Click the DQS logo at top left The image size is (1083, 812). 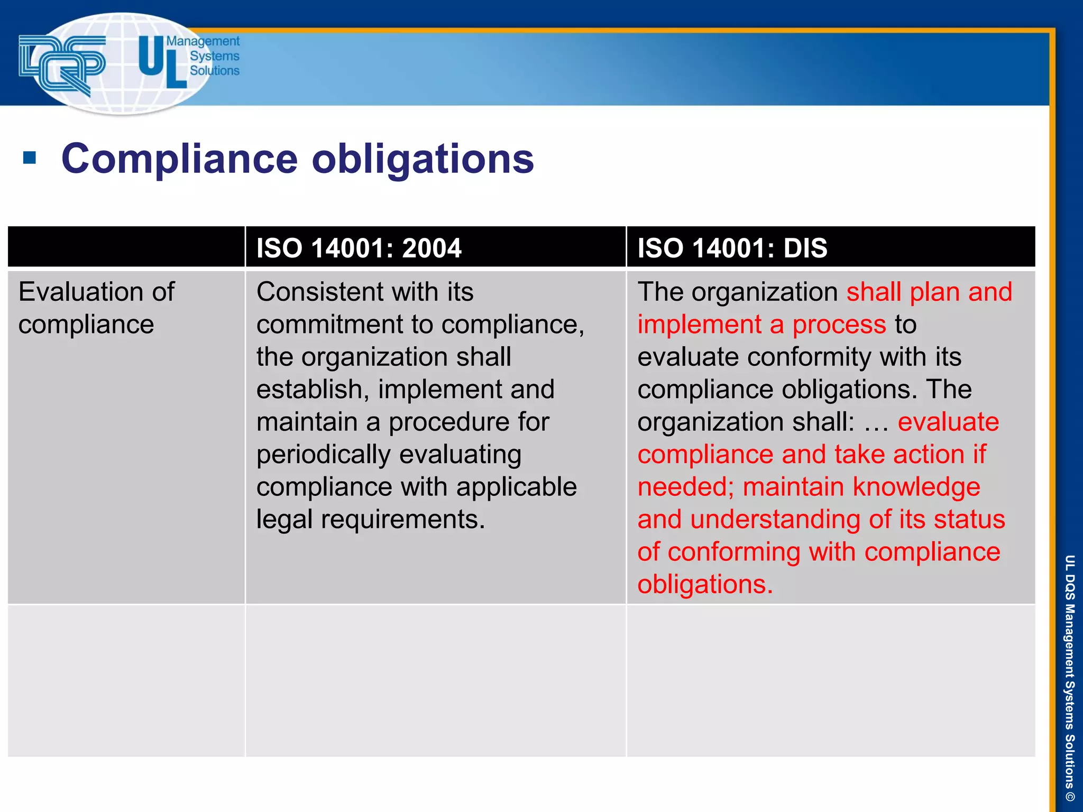click(x=61, y=64)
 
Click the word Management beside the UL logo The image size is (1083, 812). click(x=203, y=41)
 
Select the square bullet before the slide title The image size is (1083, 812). click(x=30, y=158)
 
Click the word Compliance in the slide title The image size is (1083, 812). click(x=179, y=159)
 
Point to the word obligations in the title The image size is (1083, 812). click(x=423, y=159)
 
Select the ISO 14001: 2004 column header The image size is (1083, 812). click(x=359, y=248)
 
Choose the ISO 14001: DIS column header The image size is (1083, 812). click(x=732, y=248)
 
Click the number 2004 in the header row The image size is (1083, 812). click(x=432, y=248)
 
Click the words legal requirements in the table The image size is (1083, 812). click(x=370, y=520)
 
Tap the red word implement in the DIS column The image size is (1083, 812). click(x=699, y=325)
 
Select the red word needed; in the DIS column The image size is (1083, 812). click(x=685, y=487)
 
